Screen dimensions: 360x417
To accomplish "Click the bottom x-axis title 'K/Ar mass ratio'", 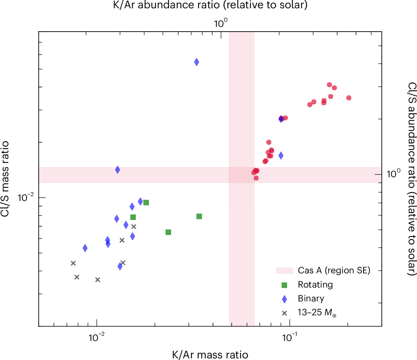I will point(210,354).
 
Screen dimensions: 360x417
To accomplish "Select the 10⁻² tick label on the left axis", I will point(27,197).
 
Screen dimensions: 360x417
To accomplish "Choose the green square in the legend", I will point(284,284).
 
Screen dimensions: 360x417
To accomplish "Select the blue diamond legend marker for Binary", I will point(284,299).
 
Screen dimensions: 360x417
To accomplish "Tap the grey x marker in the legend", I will point(284,313).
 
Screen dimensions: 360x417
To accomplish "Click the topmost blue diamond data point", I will point(196,62).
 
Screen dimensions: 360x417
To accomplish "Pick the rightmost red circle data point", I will point(348,98).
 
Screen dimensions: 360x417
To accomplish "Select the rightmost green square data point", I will point(199,216).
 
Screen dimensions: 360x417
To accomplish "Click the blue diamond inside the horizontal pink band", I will point(118,170).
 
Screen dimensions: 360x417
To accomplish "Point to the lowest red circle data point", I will point(256,178).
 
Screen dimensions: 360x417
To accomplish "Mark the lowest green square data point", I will point(168,232).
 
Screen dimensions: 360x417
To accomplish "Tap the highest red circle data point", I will point(329,85).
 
